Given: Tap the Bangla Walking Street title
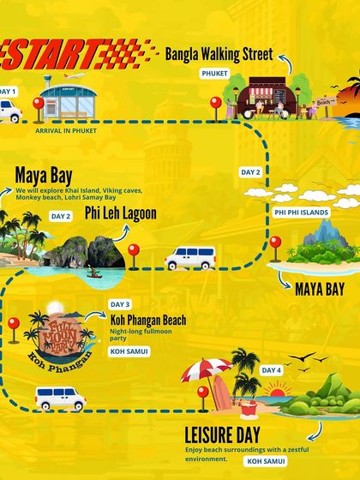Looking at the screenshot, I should coord(219,54).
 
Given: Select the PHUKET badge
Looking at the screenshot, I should coord(214,74).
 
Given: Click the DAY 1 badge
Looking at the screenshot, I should coord(7,91).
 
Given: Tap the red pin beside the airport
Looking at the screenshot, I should coord(38,108).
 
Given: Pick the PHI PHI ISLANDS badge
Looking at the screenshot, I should coord(303,210).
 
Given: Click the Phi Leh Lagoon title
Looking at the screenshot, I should coord(121,213).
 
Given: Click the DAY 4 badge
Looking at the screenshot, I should coord(271,370).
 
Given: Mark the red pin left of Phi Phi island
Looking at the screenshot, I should coord(275,245).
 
